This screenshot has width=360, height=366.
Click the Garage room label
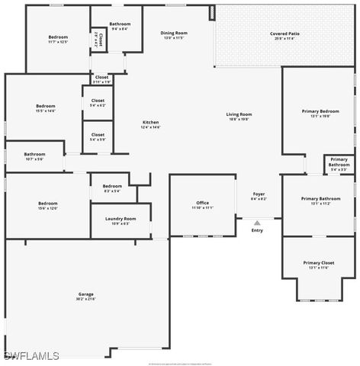85,296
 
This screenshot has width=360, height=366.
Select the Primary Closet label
318,265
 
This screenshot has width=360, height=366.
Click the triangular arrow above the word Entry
257,223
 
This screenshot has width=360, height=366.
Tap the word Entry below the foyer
257,230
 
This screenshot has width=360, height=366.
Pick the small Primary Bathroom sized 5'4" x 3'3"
339,164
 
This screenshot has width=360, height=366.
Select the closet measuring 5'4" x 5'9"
98,137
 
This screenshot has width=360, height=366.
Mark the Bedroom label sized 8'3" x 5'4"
112,188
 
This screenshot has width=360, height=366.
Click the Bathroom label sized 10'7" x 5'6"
34,156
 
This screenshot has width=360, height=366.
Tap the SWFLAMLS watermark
31,356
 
